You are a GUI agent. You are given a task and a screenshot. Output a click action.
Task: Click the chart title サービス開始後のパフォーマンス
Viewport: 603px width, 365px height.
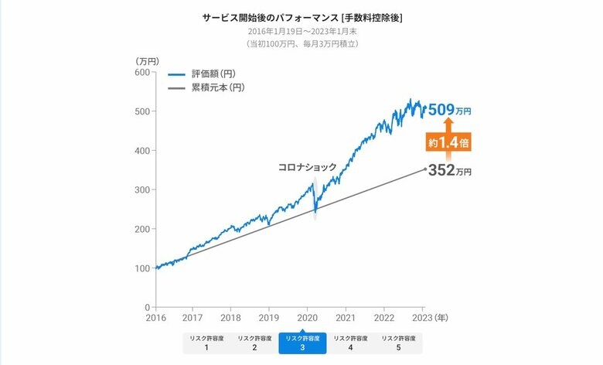coord(302,17)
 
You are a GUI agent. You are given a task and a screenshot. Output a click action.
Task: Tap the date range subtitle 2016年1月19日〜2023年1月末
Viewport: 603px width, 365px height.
coord(302,31)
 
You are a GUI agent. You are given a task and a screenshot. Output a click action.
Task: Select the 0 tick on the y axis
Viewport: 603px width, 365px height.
coord(146,307)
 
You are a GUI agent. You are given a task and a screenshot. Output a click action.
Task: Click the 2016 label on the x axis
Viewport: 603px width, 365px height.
coord(155,317)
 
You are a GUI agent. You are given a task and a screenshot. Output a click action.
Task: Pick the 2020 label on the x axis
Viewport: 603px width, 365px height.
coord(307,317)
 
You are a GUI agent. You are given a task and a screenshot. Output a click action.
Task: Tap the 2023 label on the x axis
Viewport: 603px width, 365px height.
coord(422,317)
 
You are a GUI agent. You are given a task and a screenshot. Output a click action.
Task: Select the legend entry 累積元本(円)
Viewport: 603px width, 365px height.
coord(206,88)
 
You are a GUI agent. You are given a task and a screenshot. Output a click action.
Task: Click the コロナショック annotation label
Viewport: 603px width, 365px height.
coord(308,167)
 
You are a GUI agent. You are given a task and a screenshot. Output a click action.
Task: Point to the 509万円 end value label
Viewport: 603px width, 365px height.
coord(449,111)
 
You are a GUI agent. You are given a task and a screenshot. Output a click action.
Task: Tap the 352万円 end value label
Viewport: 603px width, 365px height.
coord(449,171)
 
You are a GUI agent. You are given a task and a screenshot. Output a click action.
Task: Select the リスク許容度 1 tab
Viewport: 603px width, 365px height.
coord(206,343)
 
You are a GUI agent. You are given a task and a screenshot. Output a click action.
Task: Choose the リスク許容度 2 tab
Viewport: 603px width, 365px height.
coord(254,343)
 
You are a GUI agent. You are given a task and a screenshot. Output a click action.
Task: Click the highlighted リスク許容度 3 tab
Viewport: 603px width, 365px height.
coord(302,343)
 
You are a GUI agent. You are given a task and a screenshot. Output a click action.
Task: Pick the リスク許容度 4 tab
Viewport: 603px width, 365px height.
coord(350,343)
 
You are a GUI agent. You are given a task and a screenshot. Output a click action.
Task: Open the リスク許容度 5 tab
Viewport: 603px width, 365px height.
coord(398,343)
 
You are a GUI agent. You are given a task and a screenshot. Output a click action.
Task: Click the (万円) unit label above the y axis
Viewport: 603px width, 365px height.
coord(146,60)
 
